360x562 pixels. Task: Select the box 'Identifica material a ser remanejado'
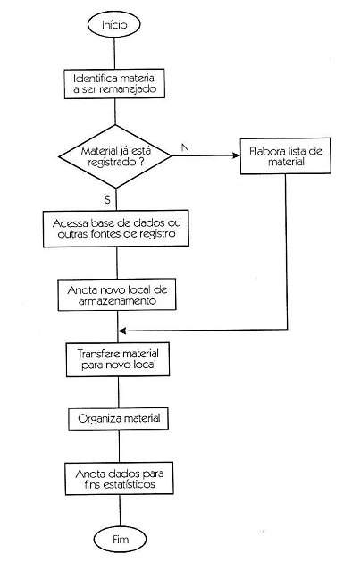click(119, 84)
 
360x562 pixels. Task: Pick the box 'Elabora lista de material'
click(285, 157)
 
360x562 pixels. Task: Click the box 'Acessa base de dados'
click(119, 228)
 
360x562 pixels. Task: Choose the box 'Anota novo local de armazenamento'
click(119, 296)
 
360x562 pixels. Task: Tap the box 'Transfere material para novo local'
click(119, 359)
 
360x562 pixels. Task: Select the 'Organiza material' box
click(119, 417)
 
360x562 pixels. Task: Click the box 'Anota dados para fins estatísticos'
click(119, 479)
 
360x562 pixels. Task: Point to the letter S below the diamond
click(107, 197)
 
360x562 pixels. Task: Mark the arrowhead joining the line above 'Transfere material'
click(123, 331)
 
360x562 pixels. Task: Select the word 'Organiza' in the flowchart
click(99, 417)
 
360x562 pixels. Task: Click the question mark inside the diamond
click(141, 164)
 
